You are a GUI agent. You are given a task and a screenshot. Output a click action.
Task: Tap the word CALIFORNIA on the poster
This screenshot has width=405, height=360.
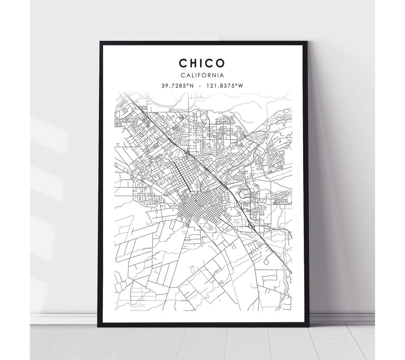pyautogui.click(x=202, y=75)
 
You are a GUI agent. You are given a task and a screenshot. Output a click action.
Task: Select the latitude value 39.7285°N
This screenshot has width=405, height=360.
pyautogui.click(x=177, y=86)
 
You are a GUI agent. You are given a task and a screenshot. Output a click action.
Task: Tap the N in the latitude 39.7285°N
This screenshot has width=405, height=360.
pyautogui.click(x=192, y=86)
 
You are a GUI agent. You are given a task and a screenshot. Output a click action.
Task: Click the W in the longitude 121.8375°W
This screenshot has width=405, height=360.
pyautogui.click(x=241, y=86)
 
